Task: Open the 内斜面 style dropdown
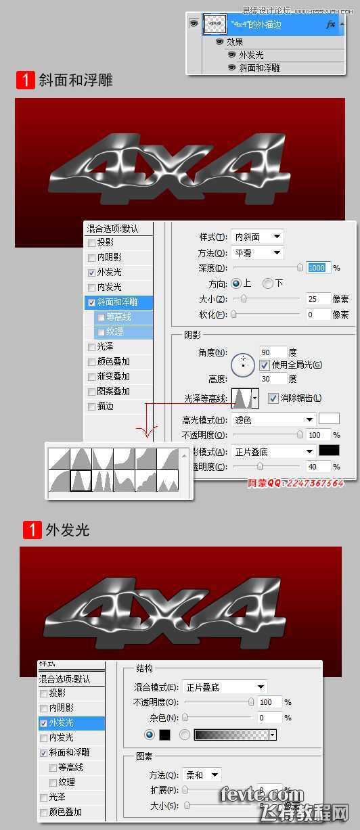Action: click(257, 237)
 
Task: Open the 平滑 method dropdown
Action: click(257, 252)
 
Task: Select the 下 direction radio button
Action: click(268, 283)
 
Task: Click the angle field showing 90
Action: click(273, 352)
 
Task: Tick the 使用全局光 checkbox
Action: click(265, 365)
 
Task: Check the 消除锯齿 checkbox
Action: click(273, 398)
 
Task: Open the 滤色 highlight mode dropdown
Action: click(274, 420)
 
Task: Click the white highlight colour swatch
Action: click(329, 419)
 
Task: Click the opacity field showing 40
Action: click(317, 466)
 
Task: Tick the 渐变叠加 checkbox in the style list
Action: click(92, 377)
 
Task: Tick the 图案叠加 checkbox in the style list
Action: click(92, 392)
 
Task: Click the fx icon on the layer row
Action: click(330, 24)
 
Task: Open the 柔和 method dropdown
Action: click(202, 775)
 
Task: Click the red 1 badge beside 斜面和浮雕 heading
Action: click(25, 80)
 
